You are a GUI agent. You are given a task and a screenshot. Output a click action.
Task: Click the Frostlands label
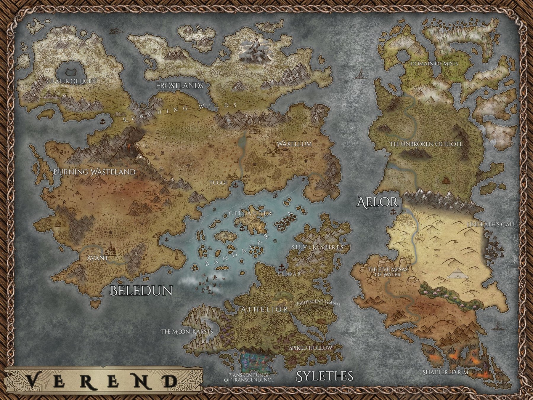click(179, 86)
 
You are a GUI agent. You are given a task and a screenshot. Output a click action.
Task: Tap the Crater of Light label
click(72, 81)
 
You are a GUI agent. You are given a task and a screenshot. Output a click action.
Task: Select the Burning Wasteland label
click(94, 172)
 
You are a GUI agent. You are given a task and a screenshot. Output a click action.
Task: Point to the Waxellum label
click(294, 144)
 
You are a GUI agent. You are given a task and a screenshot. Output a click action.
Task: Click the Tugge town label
click(219, 183)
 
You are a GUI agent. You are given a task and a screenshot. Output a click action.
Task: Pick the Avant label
click(97, 258)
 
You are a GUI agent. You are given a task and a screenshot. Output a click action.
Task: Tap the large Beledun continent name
click(141, 291)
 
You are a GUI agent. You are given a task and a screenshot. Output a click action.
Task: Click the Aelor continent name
click(377, 202)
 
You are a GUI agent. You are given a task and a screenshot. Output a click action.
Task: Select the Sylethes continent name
click(325, 376)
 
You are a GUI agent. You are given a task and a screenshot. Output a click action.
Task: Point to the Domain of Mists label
click(434, 64)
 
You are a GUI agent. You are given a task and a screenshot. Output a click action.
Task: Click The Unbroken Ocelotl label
click(426, 144)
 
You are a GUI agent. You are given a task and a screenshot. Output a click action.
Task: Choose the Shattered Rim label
click(445, 372)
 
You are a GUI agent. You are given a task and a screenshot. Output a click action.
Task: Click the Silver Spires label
click(317, 247)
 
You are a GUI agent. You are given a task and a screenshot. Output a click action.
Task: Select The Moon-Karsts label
click(187, 331)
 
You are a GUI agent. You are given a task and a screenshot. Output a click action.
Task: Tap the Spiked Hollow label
click(310, 348)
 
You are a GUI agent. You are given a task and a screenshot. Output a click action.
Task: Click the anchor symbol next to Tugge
click(236, 186)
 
